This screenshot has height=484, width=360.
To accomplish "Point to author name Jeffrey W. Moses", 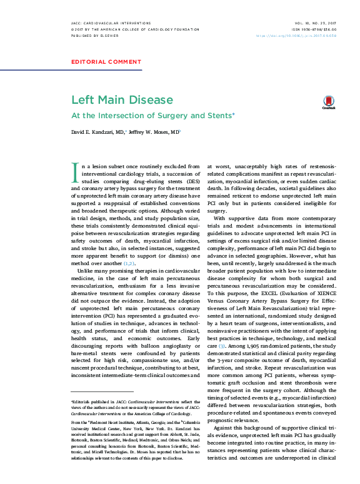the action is pos(153,132).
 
